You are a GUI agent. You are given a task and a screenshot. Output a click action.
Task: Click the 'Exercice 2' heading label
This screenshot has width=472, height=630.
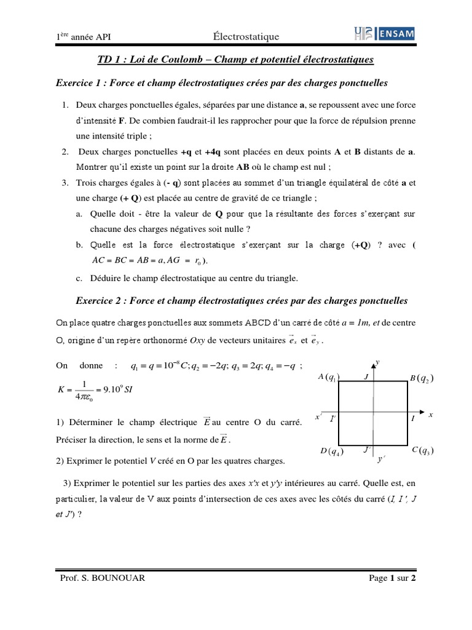coord(101,301)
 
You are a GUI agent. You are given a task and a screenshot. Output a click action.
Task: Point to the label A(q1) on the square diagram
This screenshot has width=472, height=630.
coord(329,377)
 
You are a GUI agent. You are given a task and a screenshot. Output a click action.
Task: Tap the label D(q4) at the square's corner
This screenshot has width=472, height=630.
coord(331,452)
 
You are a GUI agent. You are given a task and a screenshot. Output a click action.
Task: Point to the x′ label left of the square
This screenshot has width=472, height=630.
coord(318,417)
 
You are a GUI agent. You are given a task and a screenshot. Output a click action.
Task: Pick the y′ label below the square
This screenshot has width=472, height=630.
coord(382,459)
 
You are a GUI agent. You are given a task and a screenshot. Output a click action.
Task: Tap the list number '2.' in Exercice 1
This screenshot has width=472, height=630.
coord(65,151)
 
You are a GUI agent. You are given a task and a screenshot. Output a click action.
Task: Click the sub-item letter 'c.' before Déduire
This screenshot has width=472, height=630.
coord(80,278)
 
